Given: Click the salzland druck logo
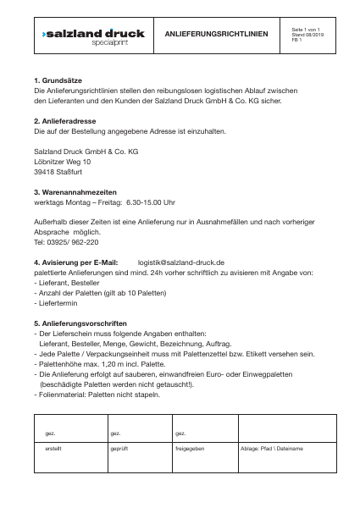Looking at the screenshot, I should click(x=93, y=35).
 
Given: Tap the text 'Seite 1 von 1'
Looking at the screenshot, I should click(x=305, y=30).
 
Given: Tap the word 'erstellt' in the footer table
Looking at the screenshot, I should click(x=53, y=447).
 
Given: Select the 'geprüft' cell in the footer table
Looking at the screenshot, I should click(x=119, y=447).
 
